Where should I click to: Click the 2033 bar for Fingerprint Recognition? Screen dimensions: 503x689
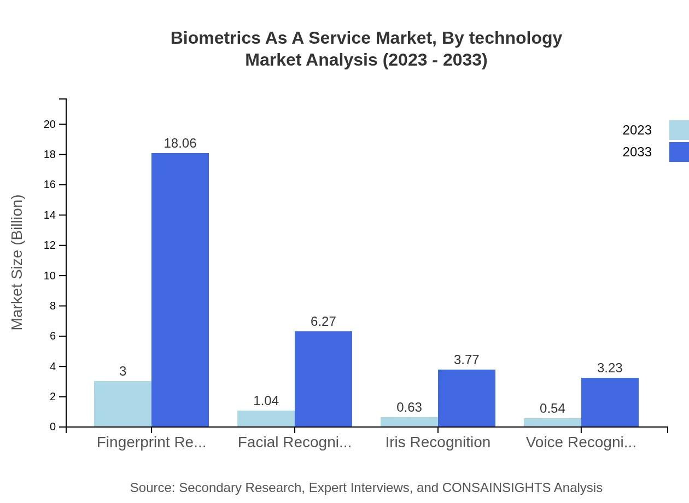180,290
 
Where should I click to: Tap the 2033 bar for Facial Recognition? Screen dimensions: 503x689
323,379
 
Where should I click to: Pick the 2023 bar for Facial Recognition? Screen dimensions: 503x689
266,418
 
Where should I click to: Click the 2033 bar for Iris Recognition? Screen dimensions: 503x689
466,398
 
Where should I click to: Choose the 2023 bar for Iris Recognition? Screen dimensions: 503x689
409,422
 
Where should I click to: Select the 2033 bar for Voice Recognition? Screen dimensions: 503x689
610,402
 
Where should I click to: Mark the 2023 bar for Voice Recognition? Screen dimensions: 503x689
552,422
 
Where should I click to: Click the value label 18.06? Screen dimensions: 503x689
180,143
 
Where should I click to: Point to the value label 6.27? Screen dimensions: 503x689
323,321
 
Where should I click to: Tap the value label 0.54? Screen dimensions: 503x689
552,408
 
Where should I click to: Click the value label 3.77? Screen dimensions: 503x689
466,360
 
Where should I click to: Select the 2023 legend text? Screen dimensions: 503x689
637,130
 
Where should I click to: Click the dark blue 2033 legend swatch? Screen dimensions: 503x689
679,152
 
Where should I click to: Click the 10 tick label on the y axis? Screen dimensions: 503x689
50,276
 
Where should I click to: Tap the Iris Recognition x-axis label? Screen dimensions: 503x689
437,442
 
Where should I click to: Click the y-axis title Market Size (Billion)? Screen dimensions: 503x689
17,262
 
